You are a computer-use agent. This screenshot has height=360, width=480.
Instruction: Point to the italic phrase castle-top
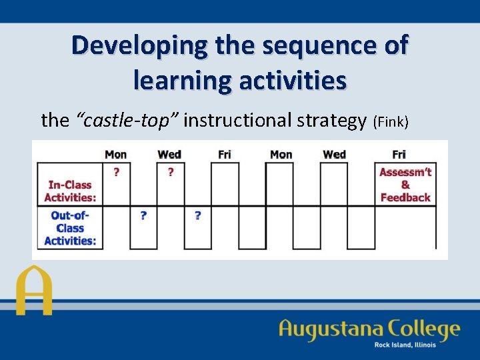coord(129,120)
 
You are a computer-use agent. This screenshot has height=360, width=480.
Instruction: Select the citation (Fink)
coord(391,121)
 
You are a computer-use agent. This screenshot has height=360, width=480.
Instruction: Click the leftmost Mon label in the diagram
coord(115,154)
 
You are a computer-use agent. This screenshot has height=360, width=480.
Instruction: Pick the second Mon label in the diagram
coord(281,154)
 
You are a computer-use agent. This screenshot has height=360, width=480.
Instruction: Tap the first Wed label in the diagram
coord(169,154)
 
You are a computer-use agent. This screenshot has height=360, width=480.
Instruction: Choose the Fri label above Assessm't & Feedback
coord(399,154)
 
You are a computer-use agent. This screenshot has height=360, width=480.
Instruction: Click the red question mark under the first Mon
coord(117,172)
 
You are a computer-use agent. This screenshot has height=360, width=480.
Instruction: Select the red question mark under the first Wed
coord(171,172)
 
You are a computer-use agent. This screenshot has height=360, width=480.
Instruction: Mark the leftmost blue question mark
coord(143,215)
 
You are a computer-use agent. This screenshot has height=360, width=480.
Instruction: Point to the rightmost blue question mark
coord(198,215)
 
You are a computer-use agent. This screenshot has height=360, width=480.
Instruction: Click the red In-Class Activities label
coord(70,191)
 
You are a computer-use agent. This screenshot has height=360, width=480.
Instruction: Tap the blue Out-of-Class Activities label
coord(70,227)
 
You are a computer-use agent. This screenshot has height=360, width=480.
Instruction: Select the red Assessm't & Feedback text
coord(405,185)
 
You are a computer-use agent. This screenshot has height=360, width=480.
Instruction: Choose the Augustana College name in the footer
coord(369,329)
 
